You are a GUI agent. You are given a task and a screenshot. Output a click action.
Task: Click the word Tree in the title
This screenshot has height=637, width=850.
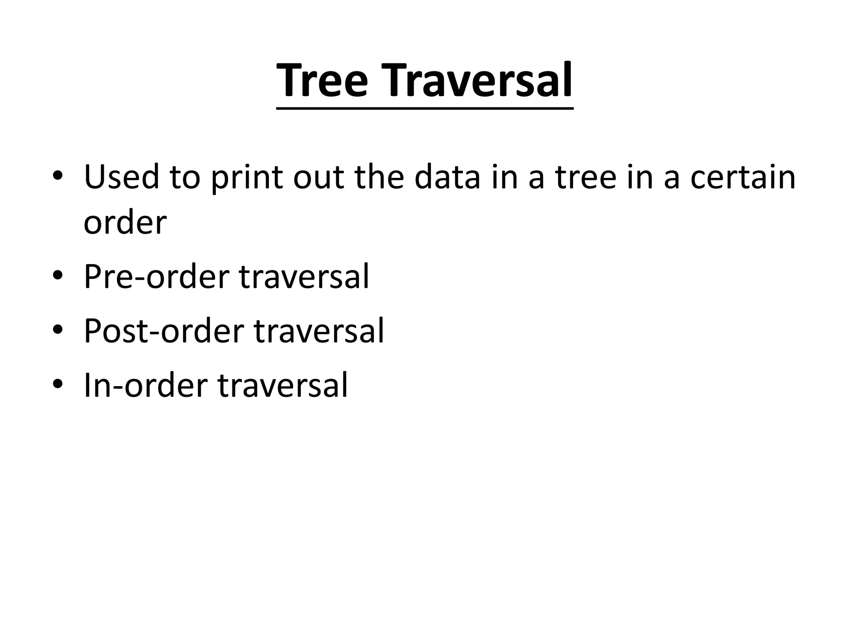click(322, 81)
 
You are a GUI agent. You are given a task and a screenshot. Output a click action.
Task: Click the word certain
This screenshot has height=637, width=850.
click(743, 177)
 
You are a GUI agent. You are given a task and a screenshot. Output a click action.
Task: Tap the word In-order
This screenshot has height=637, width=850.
click(146, 385)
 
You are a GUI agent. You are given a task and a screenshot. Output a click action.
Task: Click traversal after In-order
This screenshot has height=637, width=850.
click(283, 385)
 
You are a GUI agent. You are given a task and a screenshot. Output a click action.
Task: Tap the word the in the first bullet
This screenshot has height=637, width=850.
click(380, 177)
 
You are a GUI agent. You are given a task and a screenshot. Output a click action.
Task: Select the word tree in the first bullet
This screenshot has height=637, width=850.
click(586, 177)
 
